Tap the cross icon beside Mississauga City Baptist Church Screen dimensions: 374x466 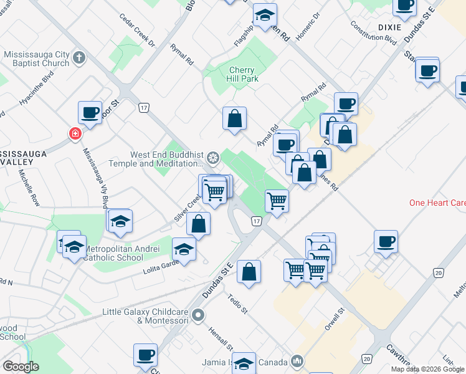(x=78, y=59)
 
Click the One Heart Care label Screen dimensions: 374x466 (x=437, y=203)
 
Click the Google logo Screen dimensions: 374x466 (x=21, y=367)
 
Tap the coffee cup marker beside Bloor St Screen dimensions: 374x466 (x=90, y=113)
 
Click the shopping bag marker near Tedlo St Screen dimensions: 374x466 (x=249, y=272)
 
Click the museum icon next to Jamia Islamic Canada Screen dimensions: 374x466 (x=297, y=362)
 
